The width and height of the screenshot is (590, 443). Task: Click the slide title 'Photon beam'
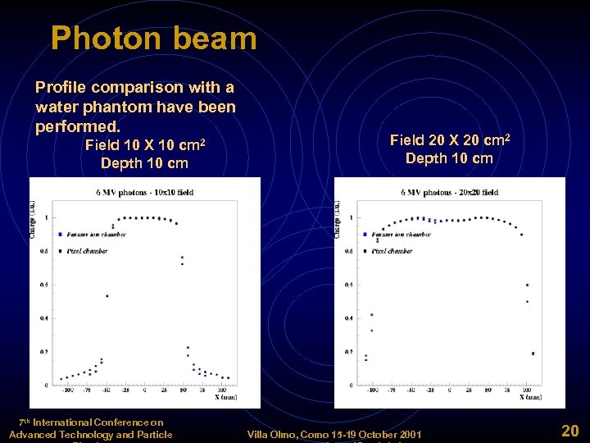coord(153,39)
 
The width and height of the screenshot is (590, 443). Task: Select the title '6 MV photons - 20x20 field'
coord(449,192)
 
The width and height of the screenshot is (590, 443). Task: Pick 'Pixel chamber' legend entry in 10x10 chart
coord(89,250)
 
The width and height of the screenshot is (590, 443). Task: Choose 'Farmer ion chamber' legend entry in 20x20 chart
coord(401,235)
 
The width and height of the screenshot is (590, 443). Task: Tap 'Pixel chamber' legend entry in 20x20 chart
coord(393,250)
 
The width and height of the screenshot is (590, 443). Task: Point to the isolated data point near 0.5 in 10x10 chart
coord(107,295)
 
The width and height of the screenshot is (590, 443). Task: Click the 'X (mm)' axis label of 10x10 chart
coord(224,397)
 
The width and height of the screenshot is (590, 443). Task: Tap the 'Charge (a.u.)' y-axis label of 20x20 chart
coord(338,219)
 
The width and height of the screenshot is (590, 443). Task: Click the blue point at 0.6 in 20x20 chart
coord(527,285)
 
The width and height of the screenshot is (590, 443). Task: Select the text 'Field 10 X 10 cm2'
coord(144,145)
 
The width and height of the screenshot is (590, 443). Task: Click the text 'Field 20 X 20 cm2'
coord(449,140)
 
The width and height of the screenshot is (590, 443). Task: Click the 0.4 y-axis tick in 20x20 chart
coord(350,318)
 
